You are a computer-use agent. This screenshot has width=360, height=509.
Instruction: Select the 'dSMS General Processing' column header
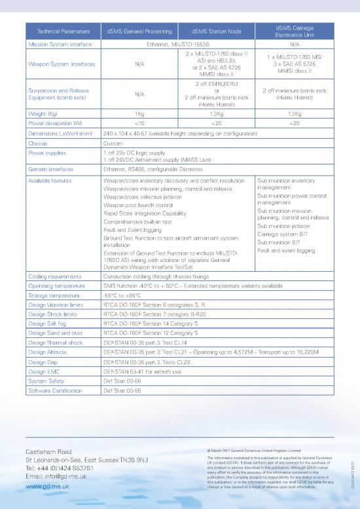139,31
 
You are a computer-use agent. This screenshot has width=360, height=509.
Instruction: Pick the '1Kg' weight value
139,113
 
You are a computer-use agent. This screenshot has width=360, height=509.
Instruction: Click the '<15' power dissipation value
139,123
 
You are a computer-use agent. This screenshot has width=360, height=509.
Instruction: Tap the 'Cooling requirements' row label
56,277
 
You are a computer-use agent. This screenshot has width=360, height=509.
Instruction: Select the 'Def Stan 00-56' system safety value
122,381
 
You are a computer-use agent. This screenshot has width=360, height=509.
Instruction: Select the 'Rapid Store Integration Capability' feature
149,214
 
